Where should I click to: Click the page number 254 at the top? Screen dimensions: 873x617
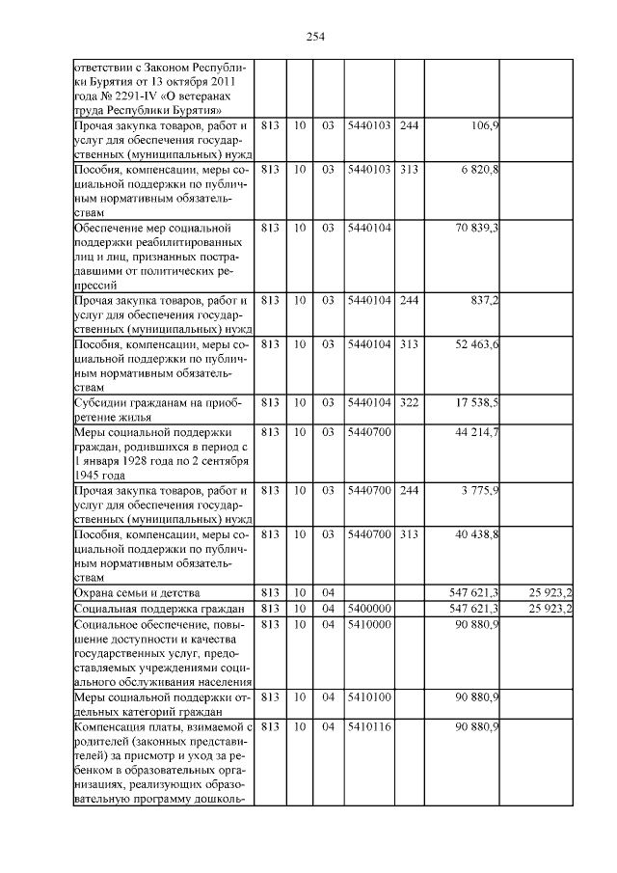[x=315, y=38]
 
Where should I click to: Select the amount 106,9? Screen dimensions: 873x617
[x=483, y=126]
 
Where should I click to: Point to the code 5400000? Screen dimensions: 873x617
[x=368, y=609]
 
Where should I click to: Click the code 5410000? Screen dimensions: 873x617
[x=368, y=625]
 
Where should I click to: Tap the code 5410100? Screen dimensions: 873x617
[x=368, y=696]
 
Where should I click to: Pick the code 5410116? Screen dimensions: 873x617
[x=368, y=725]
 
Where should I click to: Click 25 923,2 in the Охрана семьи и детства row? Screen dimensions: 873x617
[x=550, y=591]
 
